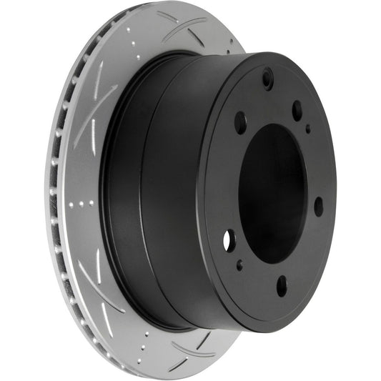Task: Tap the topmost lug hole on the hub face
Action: (x=267, y=78)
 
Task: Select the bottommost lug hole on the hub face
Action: (x=282, y=286)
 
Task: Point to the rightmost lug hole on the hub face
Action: (x=318, y=206)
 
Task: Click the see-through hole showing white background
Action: (x=229, y=240)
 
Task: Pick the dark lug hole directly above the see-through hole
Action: (x=240, y=122)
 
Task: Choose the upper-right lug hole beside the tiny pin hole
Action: (x=297, y=110)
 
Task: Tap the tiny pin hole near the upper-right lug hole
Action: (x=308, y=129)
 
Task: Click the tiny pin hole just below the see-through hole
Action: (x=239, y=265)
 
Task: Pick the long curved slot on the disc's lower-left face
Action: (x=93, y=279)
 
